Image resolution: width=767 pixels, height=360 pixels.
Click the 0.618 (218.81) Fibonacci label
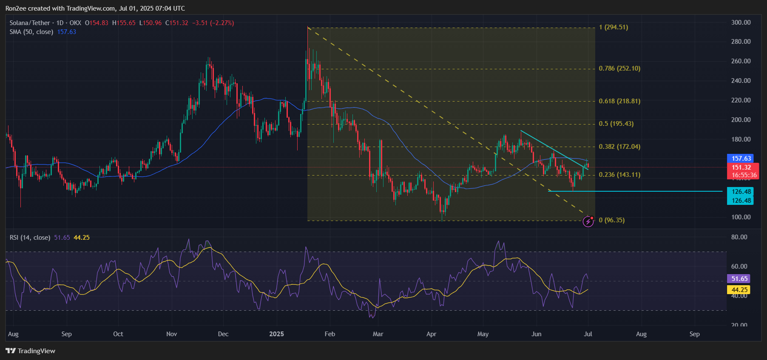pyautogui.click(x=619, y=101)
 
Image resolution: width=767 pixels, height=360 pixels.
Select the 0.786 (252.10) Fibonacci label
pyautogui.click(x=619, y=68)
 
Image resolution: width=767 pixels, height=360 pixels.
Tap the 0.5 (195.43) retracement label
pyautogui.click(x=616, y=124)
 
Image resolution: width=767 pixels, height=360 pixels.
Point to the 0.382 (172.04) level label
pyautogui.click(x=619, y=147)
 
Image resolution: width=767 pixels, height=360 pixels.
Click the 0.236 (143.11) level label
pyautogui.click(x=619, y=175)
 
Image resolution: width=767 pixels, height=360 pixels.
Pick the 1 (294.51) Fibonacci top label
pyautogui.click(x=613, y=27)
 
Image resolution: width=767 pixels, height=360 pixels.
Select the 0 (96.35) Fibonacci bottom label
pyautogui.click(x=611, y=220)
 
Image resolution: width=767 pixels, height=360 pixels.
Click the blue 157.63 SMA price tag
pyautogui.click(x=741, y=159)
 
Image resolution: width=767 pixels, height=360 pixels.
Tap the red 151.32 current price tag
pyautogui.click(x=741, y=167)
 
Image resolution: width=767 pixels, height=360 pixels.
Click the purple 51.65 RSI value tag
pyautogui.click(x=739, y=279)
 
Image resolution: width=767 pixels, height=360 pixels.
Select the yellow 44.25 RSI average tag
pyautogui.click(x=739, y=290)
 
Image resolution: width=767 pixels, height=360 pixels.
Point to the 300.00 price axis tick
pyautogui.click(x=741, y=23)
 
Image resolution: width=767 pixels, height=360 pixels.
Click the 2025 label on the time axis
pyautogui.click(x=276, y=334)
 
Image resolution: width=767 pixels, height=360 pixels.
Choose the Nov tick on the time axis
pyautogui.click(x=171, y=334)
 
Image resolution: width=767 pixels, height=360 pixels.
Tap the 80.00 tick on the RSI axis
pyautogui.click(x=739, y=237)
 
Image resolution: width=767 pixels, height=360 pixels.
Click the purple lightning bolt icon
pyautogui.click(x=588, y=221)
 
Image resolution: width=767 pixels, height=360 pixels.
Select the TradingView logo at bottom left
pyautogui.click(x=30, y=351)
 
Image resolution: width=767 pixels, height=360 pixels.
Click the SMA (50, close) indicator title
pyautogui.click(x=31, y=32)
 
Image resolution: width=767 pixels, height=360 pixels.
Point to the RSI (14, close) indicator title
pyautogui.click(x=30, y=238)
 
